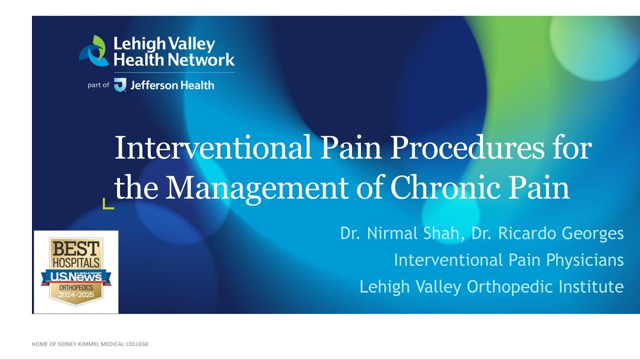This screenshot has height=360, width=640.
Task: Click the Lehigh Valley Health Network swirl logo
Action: coord(94,50)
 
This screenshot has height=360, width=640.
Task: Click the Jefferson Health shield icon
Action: coord(120,85)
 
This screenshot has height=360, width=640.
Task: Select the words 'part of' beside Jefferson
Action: coord(98,85)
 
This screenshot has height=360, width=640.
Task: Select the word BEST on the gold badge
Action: coord(75,247)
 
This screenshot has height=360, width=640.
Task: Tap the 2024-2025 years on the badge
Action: coord(76,295)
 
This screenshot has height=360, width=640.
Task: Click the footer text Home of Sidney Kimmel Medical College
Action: coord(90,344)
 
